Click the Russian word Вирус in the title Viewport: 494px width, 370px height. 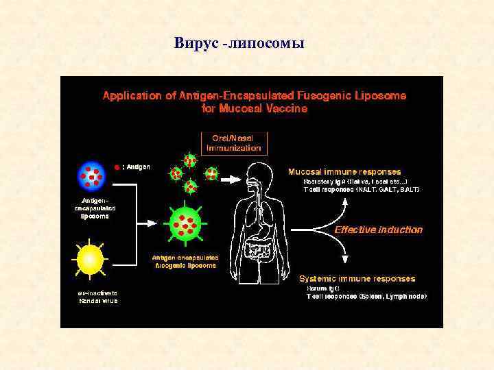tap(196, 44)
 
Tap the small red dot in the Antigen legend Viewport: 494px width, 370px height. tap(117, 166)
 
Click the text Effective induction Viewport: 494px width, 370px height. tap(378, 230)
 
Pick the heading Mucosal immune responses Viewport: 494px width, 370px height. tap(344, 171)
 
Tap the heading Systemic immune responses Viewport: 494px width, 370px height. tap(357, 279)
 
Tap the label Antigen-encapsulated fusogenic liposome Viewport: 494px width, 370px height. tap(185, 261)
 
